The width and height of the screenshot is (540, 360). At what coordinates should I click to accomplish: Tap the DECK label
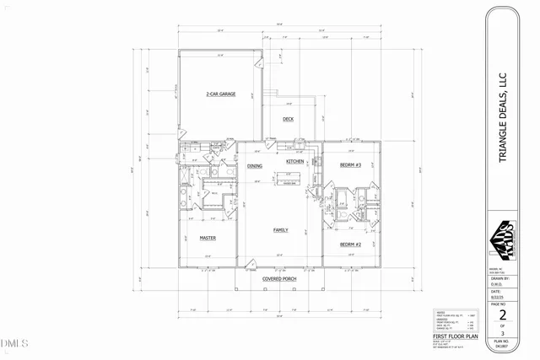click(288, 119)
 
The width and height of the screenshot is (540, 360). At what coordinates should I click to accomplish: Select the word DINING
click(255, 166)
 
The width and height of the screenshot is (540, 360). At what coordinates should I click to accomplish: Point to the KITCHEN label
click(294, 161)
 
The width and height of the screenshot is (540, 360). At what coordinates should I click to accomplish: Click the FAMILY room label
click(281, 229)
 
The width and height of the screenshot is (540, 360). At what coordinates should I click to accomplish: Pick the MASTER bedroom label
click(208, 238)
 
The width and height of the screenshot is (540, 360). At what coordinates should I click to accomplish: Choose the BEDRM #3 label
click(350, 164)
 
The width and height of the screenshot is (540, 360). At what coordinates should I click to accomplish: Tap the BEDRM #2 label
click(350, 244)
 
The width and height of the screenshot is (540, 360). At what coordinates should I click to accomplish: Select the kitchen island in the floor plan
click(287, 180)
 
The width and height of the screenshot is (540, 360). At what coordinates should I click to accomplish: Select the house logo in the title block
click(503, 239)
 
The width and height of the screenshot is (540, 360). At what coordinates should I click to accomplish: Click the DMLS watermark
click(14, 342)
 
